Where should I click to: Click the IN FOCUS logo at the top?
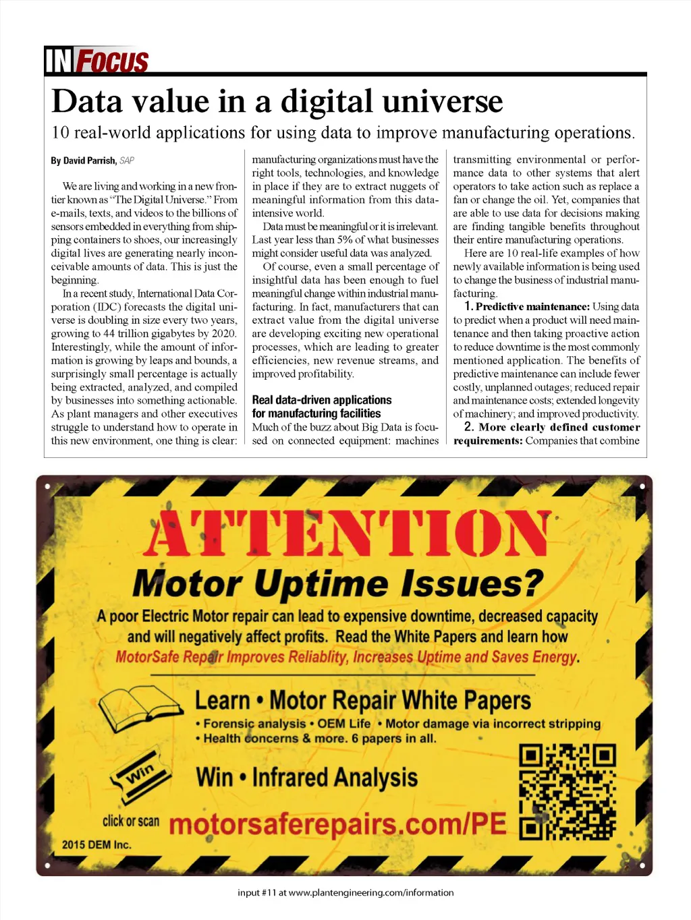click(96, 60)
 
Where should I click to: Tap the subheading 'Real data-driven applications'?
click(321, 400)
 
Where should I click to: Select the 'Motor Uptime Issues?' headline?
click(337, 583)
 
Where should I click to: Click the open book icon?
click(141, 709)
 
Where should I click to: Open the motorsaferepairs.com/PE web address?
click(337, 824)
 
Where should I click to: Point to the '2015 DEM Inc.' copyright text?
click(96, 845)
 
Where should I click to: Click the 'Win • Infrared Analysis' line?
click(307, 778)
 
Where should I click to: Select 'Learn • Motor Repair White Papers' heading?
click(363, 701)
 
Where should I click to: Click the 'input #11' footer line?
click(345, 892)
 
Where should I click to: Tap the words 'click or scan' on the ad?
click(131, 821)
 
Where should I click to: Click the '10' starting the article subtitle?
click(60, 133)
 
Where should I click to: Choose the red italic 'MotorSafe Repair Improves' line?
click(348, 657)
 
